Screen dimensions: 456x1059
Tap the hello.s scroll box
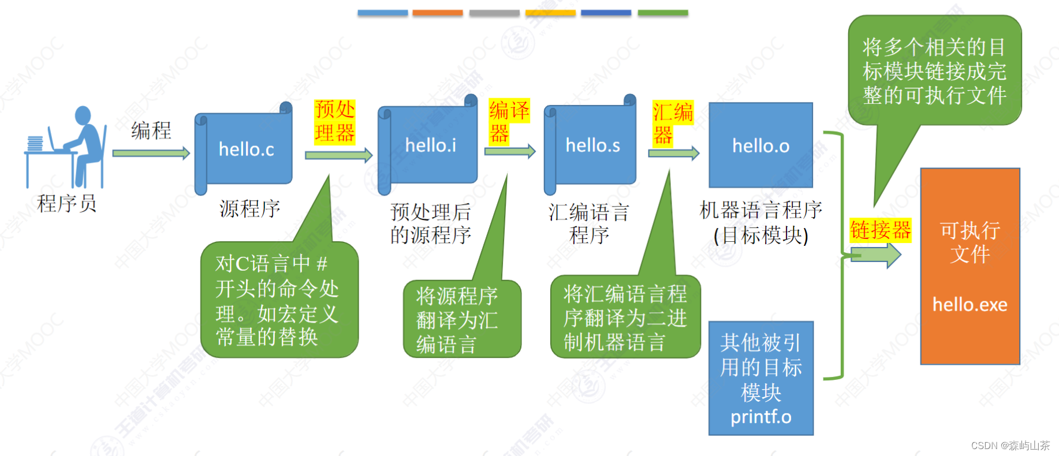(592, 145)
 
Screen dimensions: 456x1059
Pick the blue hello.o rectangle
(760, 145)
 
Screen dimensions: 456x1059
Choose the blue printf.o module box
(760, 378)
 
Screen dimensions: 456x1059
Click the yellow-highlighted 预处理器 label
(335, 121)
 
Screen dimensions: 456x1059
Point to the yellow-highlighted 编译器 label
(508, 121)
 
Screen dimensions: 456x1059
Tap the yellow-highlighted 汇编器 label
(672, 123)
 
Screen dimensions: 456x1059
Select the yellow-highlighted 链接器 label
(880, 230)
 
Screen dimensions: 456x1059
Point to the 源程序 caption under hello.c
(249, 208)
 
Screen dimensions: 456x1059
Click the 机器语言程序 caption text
(760, 210)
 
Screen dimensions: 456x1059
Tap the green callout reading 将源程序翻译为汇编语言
(461, 319)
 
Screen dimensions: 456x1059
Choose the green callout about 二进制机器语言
(625, 317)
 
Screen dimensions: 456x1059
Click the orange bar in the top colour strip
(437, 13)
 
